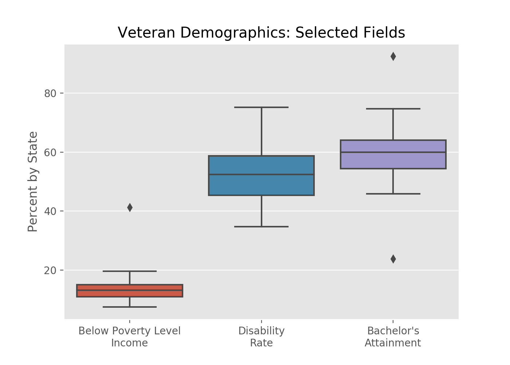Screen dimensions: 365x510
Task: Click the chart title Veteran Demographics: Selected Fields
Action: point(261,33)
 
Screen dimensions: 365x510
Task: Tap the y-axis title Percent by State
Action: point(33,181)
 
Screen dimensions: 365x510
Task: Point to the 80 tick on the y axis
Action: point(50,93)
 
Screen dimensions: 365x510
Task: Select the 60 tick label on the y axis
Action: point(50,152)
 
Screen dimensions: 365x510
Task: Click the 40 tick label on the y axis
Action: point(50,211)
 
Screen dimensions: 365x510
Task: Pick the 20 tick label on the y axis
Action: point(50,270)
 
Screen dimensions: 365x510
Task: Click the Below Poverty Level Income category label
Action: point(129,337)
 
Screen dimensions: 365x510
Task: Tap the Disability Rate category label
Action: point(261,337)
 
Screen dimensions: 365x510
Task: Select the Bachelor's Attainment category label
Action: point(393,337)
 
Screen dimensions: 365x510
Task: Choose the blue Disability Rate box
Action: point(261,184)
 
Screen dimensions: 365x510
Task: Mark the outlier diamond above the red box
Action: point(130,208)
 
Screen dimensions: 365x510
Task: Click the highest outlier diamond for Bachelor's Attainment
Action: point(393,56)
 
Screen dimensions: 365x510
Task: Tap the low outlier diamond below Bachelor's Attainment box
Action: point(393,259)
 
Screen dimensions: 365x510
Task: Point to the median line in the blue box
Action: point(261,174)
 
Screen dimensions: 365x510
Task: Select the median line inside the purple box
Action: point(393,152)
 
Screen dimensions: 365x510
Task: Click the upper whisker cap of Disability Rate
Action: point(261,107)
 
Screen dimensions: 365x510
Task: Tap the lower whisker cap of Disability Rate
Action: point(261,227)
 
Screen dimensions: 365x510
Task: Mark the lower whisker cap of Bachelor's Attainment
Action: point(393,194)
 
